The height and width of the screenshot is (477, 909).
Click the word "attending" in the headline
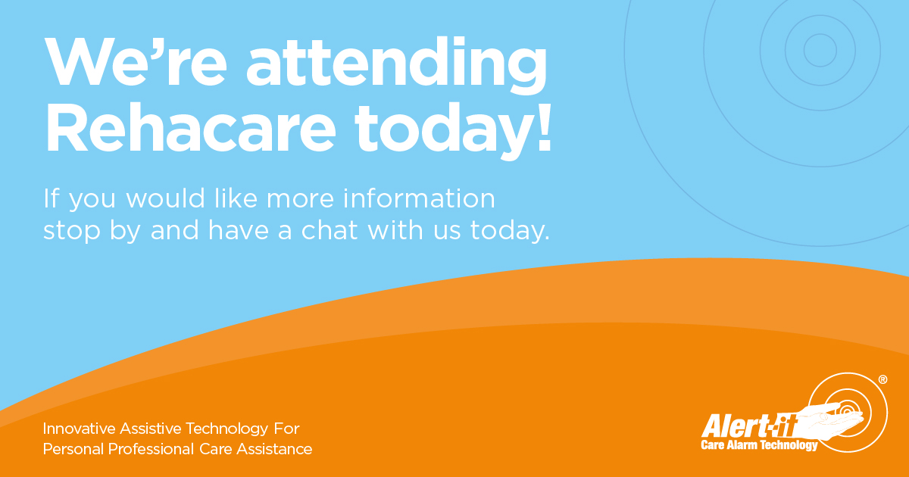pyautogui.click(x=396, y=66)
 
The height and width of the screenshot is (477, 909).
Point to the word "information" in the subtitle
pyautogui.click(x=419, y=198)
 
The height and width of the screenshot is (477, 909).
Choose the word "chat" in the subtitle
pyautogui.click(x=329, y=230)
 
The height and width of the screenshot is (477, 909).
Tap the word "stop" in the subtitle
pyautogui.click(x=71, y=232)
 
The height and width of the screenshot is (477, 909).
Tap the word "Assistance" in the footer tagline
pyautogui.click(x=274, y=449)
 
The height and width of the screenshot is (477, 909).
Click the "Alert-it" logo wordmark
pyautogui.click(x=749, y=426)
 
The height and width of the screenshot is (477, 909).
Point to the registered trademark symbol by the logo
pyautogui.click(x=883, y=379)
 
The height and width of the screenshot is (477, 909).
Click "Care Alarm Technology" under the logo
pyautogui.click(x=759, y=445)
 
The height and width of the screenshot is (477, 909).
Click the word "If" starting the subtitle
pyautogui.click(x=52, y=198)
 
